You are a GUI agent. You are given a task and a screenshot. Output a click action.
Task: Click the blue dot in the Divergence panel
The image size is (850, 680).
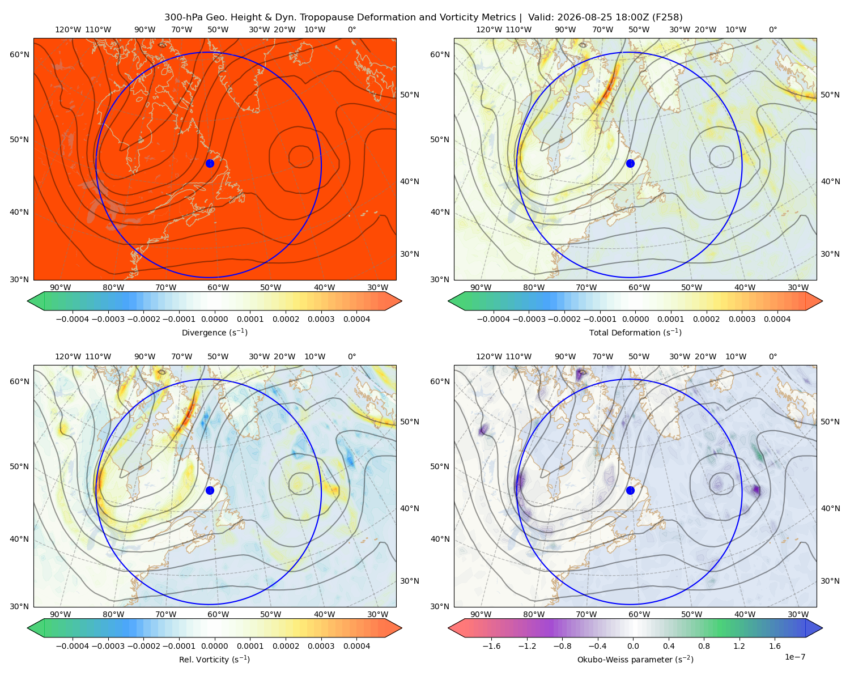click(x=210, y=163)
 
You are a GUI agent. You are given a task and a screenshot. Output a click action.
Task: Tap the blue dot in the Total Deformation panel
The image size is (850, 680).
click(x=630, y=163)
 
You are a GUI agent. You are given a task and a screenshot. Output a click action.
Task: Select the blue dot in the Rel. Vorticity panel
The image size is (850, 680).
click(x=210, y=490)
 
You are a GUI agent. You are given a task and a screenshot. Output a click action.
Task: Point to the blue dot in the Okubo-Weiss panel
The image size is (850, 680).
click(x=630, y=490)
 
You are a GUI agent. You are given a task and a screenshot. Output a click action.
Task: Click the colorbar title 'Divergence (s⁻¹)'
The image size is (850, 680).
click(x=214, y=332)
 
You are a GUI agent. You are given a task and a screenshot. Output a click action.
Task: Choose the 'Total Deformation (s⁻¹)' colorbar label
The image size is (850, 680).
click(x=635, y=332)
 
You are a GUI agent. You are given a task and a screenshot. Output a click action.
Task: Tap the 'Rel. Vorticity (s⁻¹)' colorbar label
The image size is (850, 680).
click(x=214, y=659)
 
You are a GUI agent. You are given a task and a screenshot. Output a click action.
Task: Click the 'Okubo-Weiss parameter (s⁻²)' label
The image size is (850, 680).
click(x=635, y=659)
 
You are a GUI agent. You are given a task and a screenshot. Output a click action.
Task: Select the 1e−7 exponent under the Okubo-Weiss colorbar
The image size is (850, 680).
click(x=794, y=657)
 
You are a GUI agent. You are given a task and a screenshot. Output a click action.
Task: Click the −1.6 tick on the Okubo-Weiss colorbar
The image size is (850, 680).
click(x=491, y=645)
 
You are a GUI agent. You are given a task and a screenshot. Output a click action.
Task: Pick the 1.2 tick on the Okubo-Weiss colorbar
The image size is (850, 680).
click(x=739, y=645)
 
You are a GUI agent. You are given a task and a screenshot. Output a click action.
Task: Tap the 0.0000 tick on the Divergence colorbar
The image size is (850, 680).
click(x=214, y=319)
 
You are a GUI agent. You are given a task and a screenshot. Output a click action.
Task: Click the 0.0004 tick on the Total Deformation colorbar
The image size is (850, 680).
click(x=777, y=319)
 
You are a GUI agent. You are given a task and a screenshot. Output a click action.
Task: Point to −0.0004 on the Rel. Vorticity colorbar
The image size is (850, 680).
click(x=73, y=645)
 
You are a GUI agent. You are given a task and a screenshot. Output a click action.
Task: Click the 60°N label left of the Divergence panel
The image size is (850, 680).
click(x=19, y=54)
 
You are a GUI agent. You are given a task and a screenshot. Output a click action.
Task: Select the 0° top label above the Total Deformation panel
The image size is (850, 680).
click(x=772, y=29)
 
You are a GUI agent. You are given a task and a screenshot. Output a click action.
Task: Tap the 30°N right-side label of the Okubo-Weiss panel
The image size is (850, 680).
click(x=830, y=581)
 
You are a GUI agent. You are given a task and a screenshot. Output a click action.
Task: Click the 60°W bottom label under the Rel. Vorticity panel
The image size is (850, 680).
click(x=218, y=614)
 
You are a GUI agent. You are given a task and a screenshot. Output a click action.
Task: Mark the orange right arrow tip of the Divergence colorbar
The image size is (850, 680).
click(x=401, y=301)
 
